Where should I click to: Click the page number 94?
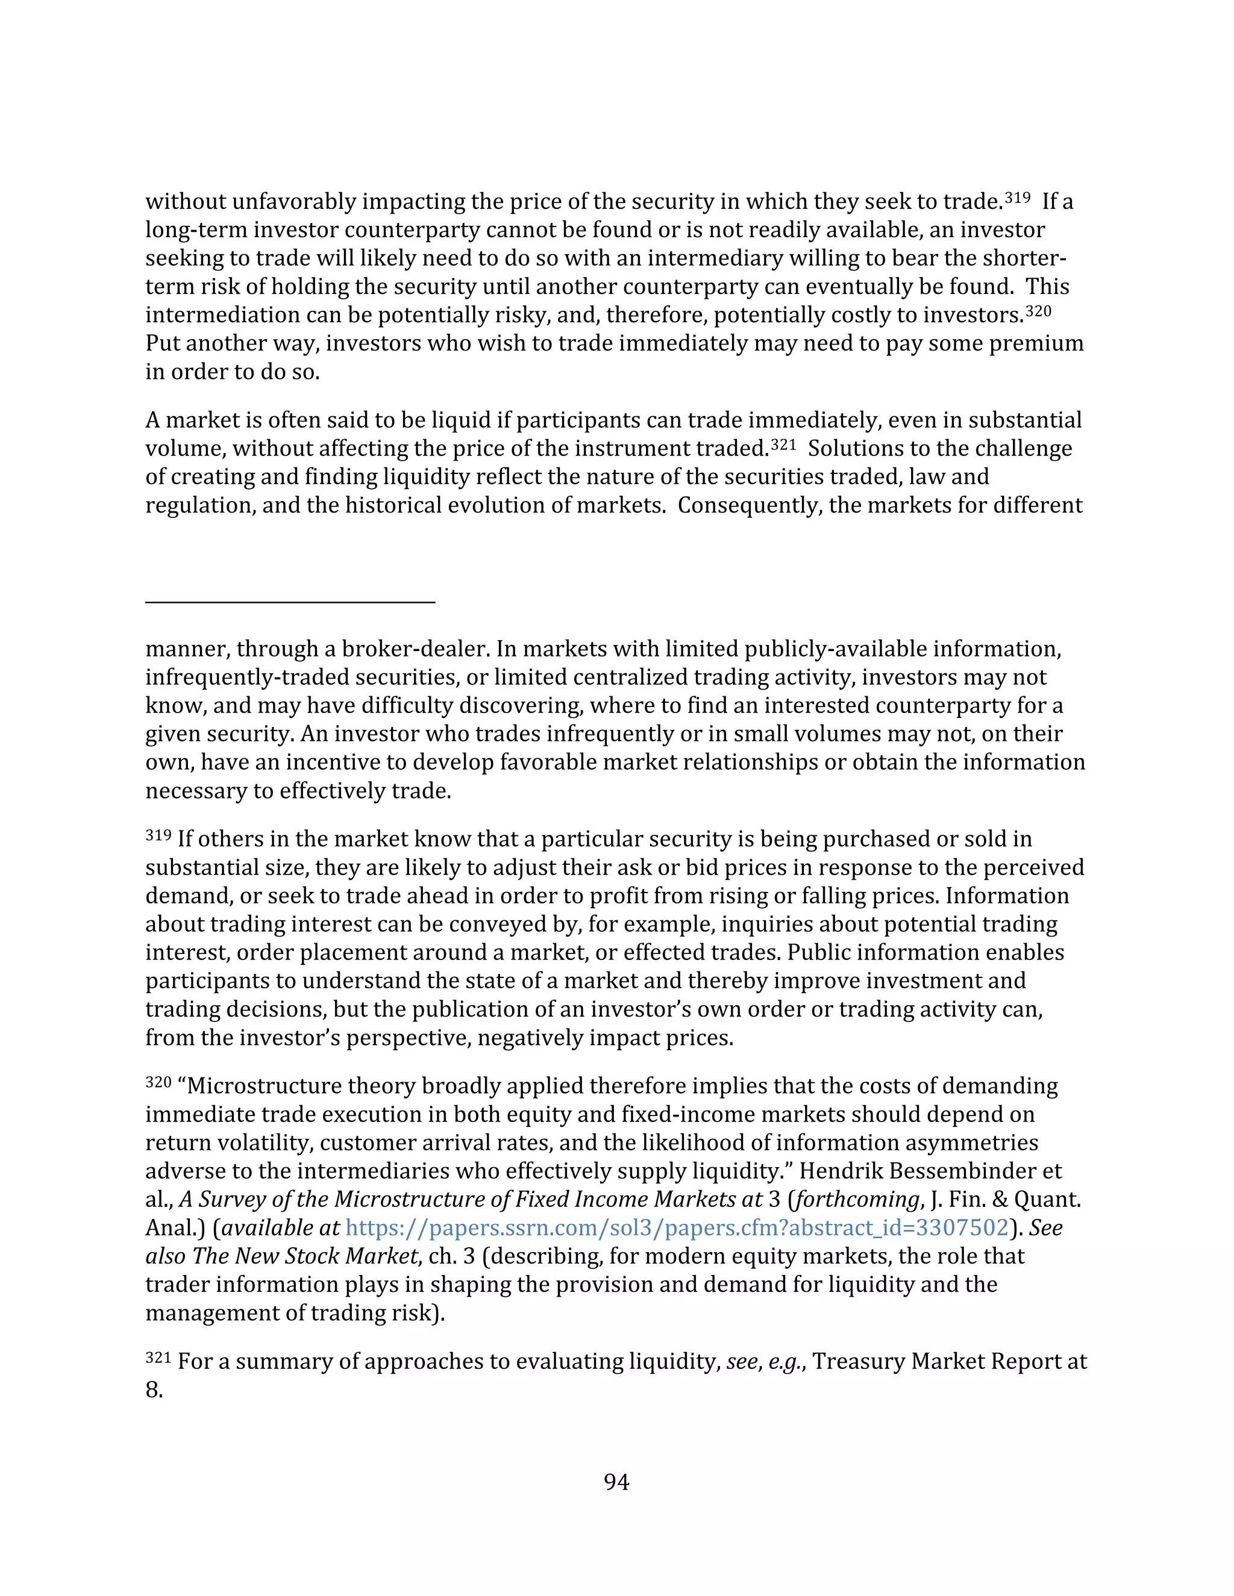[616, 1482]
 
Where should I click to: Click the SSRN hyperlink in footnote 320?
[676, 1227]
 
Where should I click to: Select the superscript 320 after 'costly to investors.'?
[1038, 311]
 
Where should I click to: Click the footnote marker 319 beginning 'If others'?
[158, 835]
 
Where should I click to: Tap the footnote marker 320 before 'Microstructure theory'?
[158, 1082]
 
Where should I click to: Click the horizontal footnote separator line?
[290, 602]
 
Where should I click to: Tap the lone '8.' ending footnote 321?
[154, 1390]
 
